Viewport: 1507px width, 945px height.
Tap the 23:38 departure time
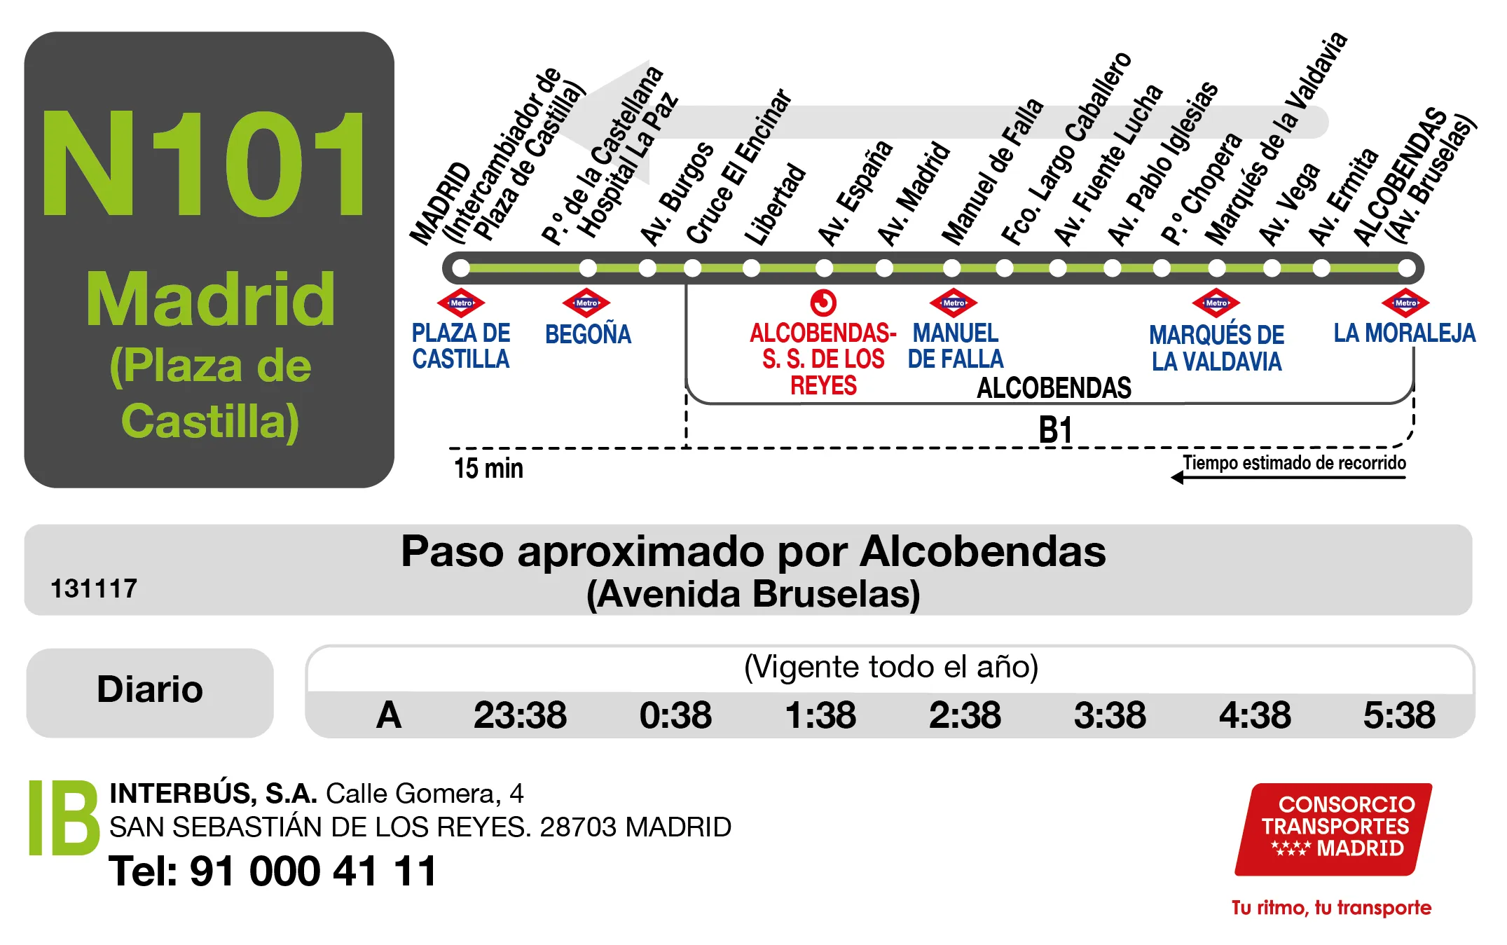pos(520,715)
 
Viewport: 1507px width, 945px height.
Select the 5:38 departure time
pos(1398,715)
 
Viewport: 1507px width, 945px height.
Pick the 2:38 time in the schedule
pos(965,715)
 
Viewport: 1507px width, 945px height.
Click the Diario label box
pos(150,691)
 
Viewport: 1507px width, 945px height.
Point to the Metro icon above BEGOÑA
pos(586,303)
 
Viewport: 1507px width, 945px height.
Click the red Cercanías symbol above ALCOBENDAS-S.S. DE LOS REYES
pos(823,303)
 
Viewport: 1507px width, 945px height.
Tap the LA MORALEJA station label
pos(1404,333)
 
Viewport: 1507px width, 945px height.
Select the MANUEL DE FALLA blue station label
pos(956,346)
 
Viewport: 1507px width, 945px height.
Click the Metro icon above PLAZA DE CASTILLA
pos(461,303)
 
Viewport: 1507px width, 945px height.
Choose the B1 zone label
pos(1055,430)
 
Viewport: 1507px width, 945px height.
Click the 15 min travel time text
pos(488,469)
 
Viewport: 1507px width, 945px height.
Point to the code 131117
pos(94,589)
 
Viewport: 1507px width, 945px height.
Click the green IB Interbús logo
pos(64,818)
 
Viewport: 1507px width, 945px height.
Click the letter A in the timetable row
pos(389,715)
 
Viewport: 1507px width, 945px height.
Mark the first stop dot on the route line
pos(461,268)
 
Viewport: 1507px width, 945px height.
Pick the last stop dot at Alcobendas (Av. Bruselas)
pos(1406,268)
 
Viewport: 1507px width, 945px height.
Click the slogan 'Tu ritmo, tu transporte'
pos(1331,908)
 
